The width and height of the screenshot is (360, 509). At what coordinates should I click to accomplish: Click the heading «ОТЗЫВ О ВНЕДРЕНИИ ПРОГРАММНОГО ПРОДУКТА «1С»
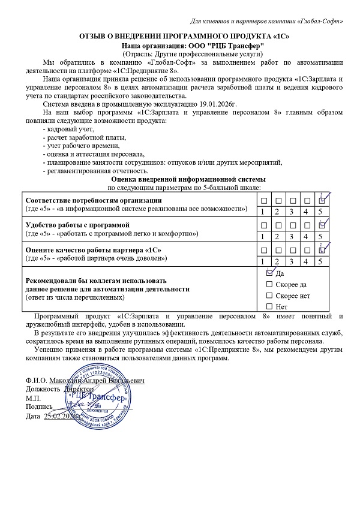181,37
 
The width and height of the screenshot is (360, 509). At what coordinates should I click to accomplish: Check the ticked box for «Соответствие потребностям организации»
322,200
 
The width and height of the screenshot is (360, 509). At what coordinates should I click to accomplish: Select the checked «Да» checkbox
269,272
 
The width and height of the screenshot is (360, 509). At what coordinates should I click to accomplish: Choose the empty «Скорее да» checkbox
269,284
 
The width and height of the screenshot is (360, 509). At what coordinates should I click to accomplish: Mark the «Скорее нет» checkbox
269,296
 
